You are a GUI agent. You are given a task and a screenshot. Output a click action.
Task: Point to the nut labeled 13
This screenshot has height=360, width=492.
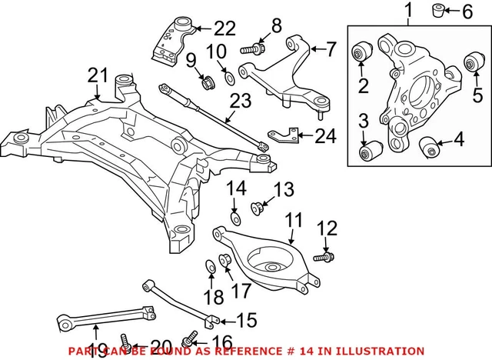(x=258, y=206)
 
